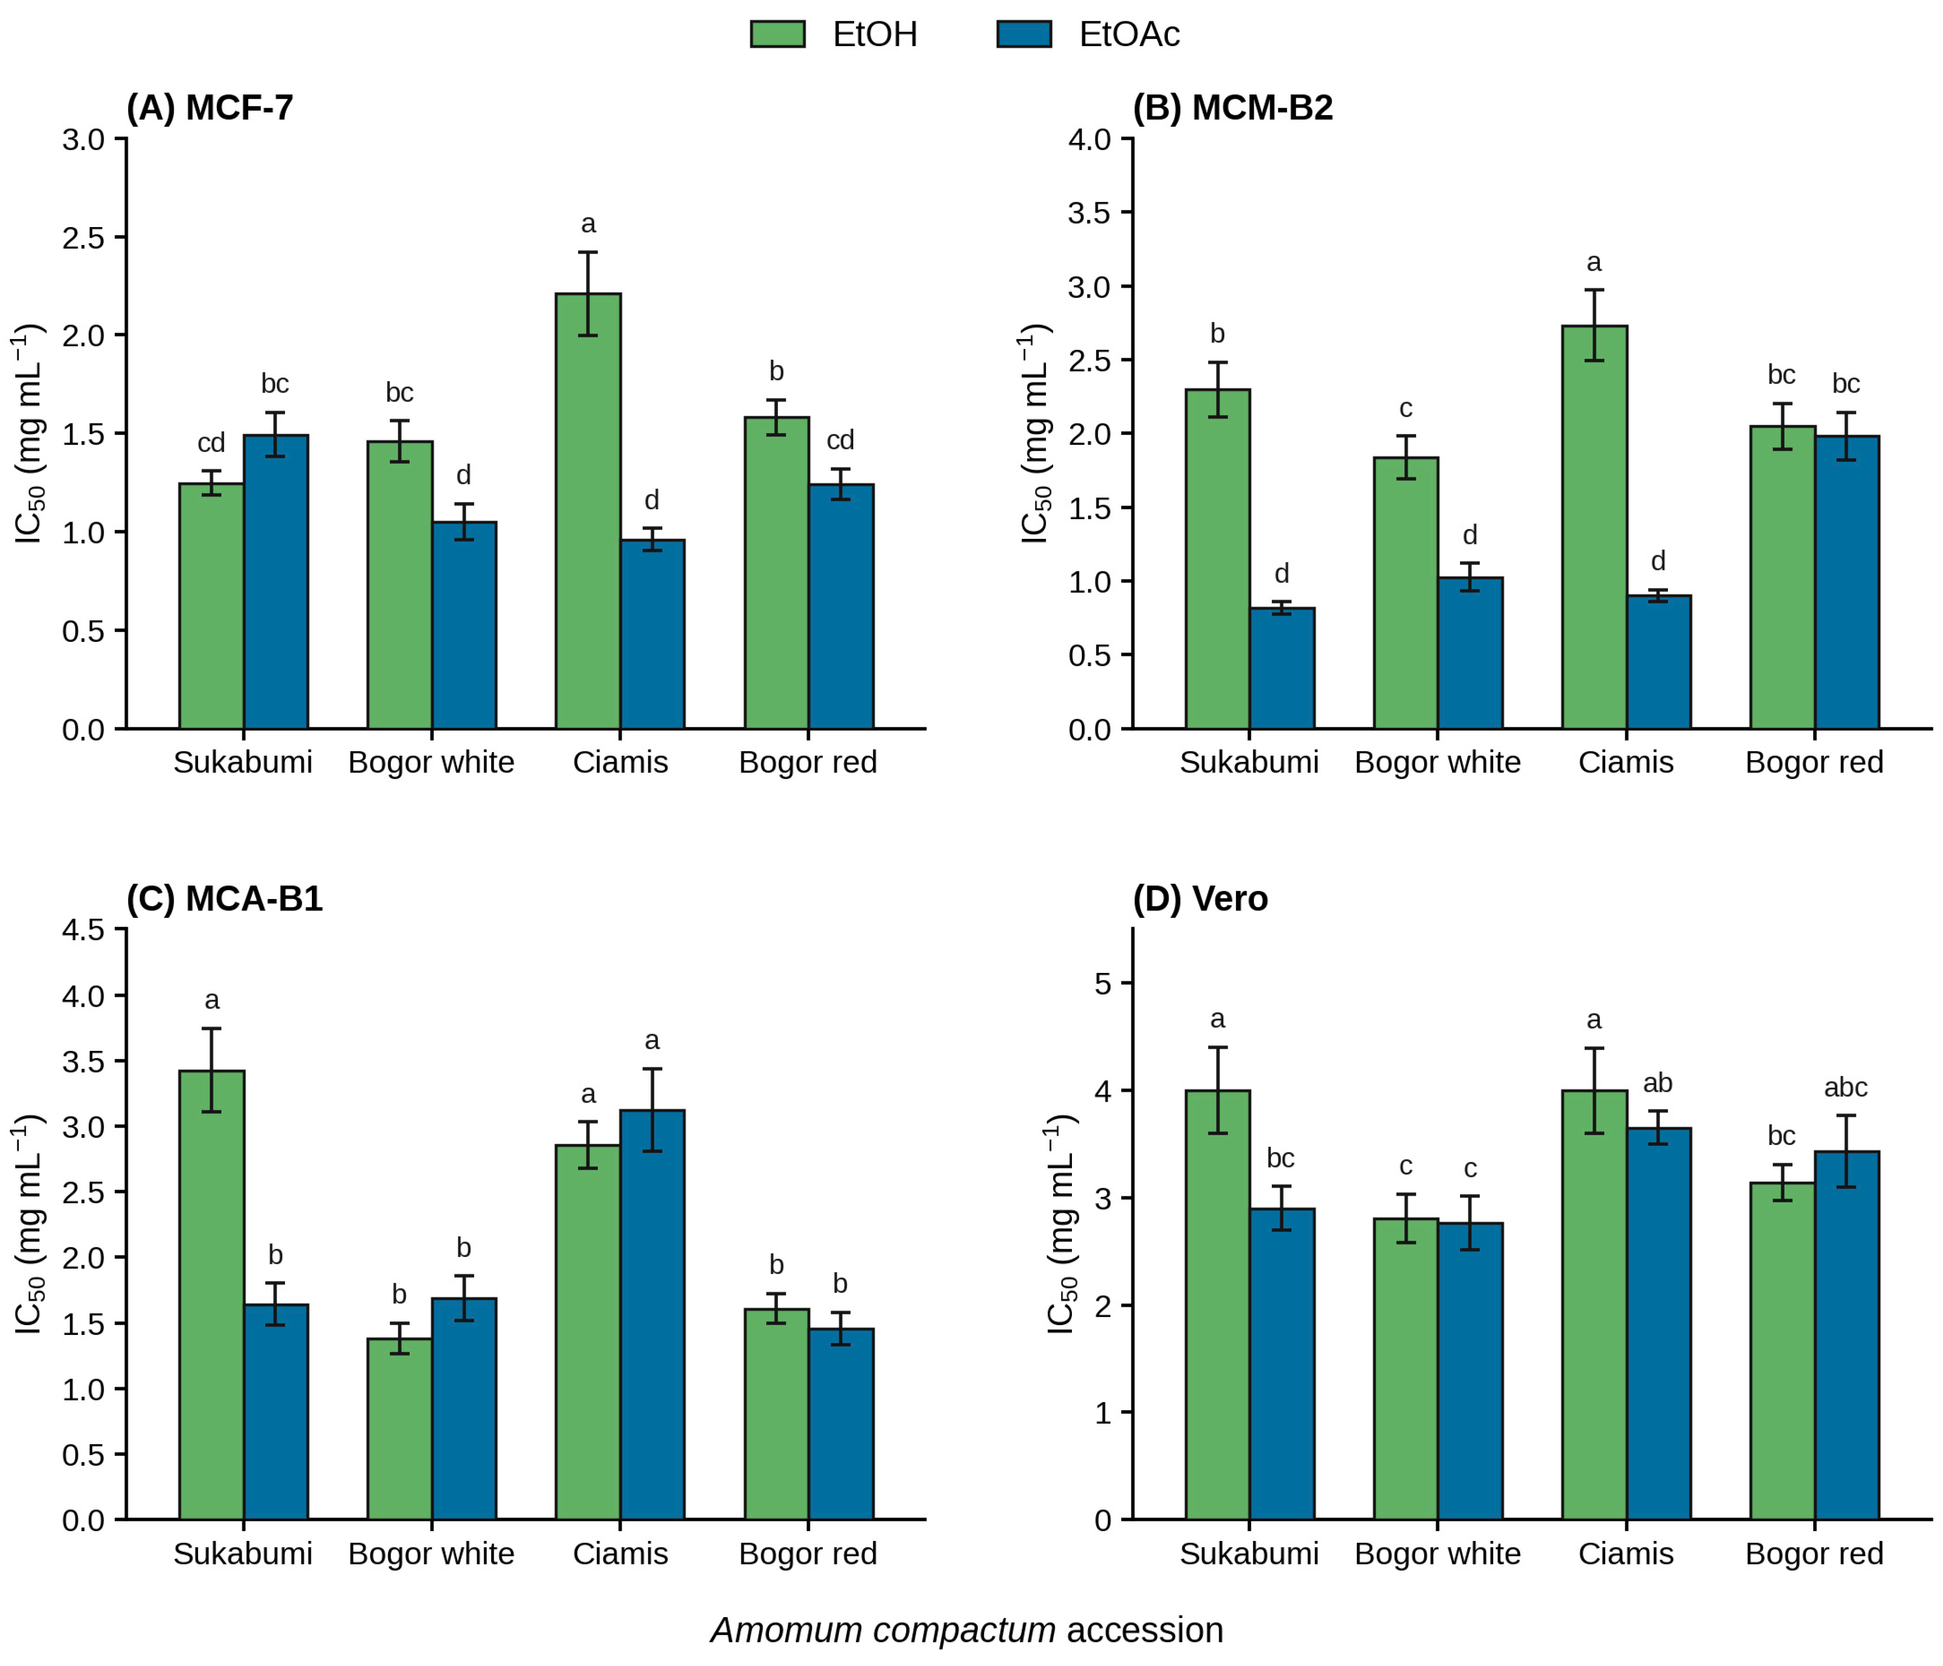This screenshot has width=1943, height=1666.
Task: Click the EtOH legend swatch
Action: pos(777,34)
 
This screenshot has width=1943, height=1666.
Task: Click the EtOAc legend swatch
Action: pos(1024,34)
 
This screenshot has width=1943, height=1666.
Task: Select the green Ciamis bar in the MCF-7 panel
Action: pos(588,511)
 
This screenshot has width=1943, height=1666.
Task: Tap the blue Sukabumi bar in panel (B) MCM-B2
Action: pos(1282,669)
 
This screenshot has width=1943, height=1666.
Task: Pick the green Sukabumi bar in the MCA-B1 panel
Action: pos(212,1295)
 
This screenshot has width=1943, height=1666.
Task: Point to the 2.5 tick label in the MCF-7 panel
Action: pos(83,237)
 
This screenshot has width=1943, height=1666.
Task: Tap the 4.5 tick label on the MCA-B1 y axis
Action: pos(83,930)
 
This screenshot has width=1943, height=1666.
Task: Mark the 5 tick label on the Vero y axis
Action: pos(1103,984)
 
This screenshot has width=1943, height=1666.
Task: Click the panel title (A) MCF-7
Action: pos(210,108)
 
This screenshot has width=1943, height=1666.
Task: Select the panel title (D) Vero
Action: pos(1200,899)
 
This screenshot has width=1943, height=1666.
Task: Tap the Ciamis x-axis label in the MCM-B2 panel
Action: pos(1626,762)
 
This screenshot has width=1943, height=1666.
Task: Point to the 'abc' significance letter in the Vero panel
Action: pos(1846,1088)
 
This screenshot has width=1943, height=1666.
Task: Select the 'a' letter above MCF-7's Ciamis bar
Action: pos(588,224)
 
